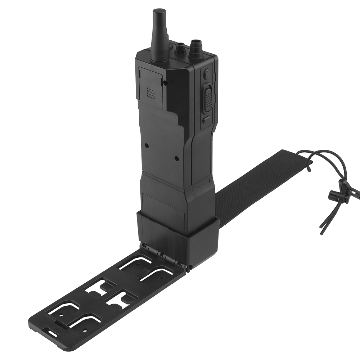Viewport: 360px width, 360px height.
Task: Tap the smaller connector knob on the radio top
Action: (180, 46)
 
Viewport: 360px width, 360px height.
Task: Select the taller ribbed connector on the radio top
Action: (197, 45)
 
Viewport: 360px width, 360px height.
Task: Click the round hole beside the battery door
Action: (165, 83)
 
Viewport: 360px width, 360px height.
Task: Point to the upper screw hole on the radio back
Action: (147, 145)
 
